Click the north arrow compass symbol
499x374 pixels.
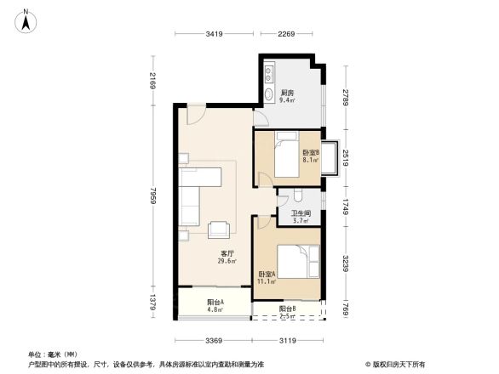(x=26, y=19)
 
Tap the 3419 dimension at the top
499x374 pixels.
(x=214, y=34)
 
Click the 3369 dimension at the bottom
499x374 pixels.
(x=213, y=341)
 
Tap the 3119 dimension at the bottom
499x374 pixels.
(x=287, y=341)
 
